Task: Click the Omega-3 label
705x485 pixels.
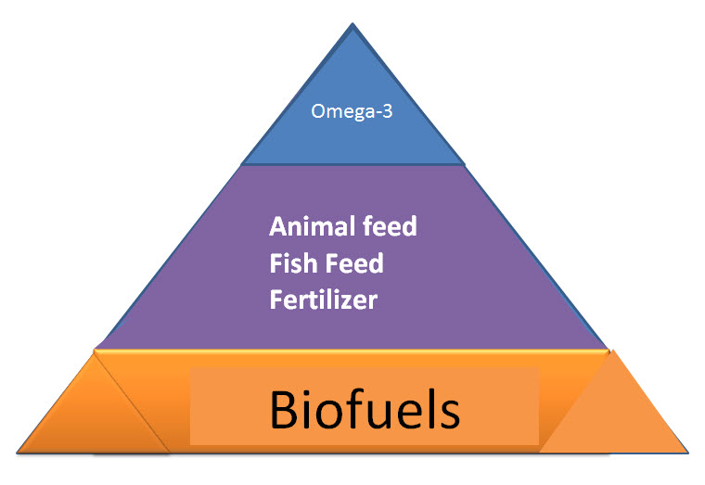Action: (352, 111)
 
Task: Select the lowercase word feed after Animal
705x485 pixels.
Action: (390, 226)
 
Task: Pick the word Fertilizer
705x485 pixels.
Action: (323, 300)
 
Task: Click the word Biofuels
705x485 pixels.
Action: (365, 410)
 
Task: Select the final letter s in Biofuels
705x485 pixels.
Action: (448, 415)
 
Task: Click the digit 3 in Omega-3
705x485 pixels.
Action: (387, 110)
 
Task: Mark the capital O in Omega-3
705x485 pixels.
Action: (318, 111)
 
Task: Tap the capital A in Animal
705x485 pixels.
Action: (279, 226)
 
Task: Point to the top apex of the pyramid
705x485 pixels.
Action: (352, 23)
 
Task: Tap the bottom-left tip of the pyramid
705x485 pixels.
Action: (17, 453)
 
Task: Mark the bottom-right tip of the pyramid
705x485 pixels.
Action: (688, 453)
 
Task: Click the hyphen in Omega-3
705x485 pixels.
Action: (378, 113)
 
